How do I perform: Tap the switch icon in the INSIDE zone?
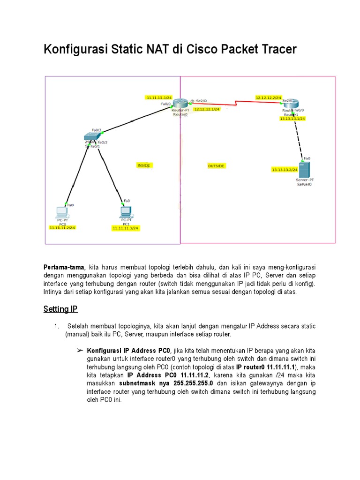click(90, 137)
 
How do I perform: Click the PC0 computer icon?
click(61, 212)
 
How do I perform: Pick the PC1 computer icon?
click(126, 212)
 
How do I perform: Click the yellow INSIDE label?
click(144, 165)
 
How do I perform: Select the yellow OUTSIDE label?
click(216, 166)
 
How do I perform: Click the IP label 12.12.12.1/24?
click(207, 109)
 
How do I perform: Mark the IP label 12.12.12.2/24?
click(268, 97)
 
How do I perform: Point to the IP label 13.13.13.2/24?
click(285, 169)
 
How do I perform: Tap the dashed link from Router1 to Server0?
click(299, 136)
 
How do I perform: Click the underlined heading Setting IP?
click(60, 309)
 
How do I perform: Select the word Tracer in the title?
click(277, 50)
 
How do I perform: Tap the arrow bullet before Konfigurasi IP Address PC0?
click(79, 350)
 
